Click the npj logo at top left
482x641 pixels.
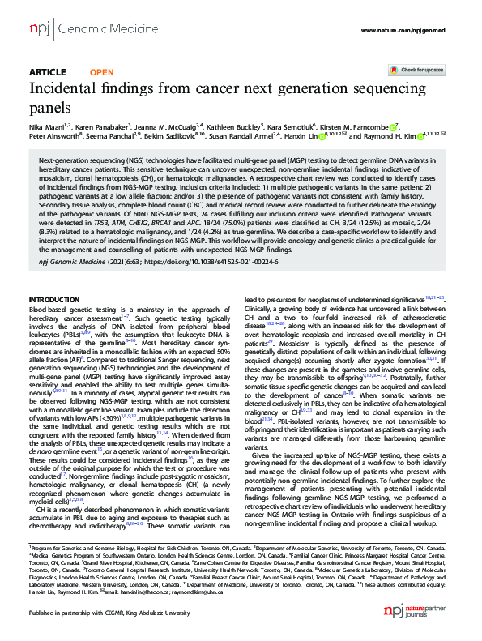39,30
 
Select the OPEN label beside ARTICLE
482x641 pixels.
101,71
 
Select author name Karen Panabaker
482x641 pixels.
102,127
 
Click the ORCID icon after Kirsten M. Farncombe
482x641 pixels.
394,127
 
